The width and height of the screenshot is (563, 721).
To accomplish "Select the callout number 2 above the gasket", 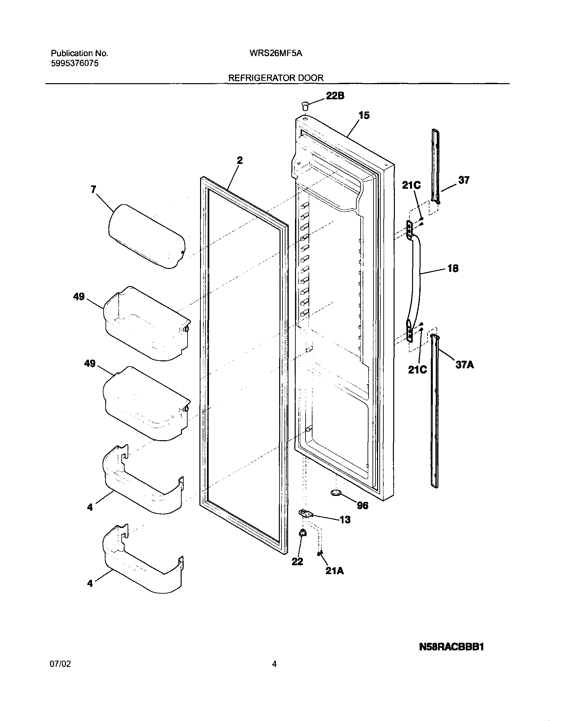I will click(x=240, y=160).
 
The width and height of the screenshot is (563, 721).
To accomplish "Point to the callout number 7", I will click(x=94, y=189).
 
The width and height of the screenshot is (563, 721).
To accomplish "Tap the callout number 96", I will click(x=363, y=506).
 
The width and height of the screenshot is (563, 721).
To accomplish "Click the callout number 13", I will click(x=345, y=520).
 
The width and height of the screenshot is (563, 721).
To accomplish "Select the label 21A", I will click(x=335, y=571).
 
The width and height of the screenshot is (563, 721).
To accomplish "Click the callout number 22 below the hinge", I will click(x=297, y=562).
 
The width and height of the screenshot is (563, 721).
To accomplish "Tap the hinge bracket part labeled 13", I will click(x=307, y=513).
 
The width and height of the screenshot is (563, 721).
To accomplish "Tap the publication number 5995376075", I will click(x=74, y=64).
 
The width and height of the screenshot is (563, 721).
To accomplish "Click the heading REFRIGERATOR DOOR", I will click(x=276, y=78).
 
